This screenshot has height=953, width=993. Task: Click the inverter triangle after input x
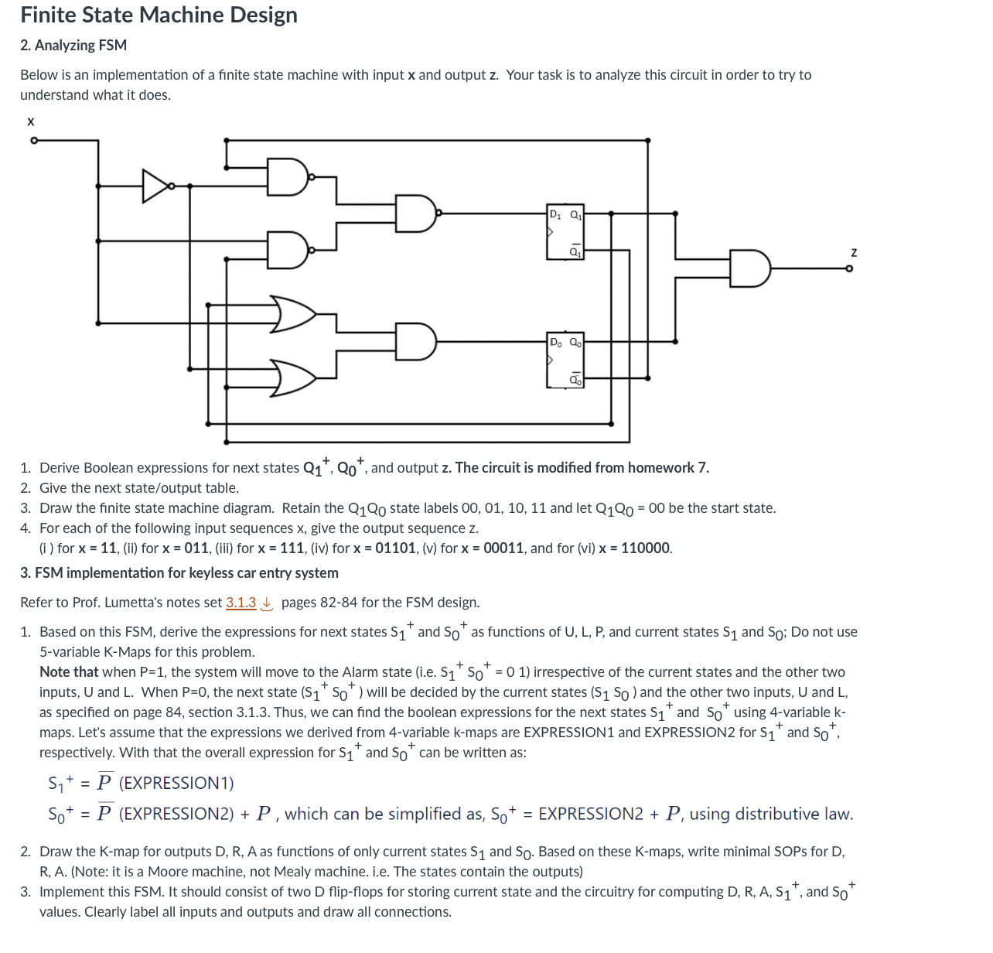pos(155,186)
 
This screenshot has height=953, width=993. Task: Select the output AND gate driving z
pos(749,268)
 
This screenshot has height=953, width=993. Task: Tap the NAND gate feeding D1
pos(415,213)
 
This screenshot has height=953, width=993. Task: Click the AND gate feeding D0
pos(415,341)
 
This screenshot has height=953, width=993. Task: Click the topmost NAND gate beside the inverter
pos(287,177)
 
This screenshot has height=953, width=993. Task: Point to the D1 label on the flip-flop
pos(555,214)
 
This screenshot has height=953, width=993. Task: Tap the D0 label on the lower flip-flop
pos(555,342)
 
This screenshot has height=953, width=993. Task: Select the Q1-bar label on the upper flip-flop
pos(575,251)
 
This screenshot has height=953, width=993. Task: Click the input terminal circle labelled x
pos(33,141)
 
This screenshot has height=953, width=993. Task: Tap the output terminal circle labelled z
pos(849,268)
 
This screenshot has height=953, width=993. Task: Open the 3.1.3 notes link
pos(241,603)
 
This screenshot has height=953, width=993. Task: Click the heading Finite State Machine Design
pos(159,15)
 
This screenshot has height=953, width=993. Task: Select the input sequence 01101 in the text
pos(393,548)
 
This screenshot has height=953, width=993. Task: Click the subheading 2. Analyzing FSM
pos(73,46)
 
